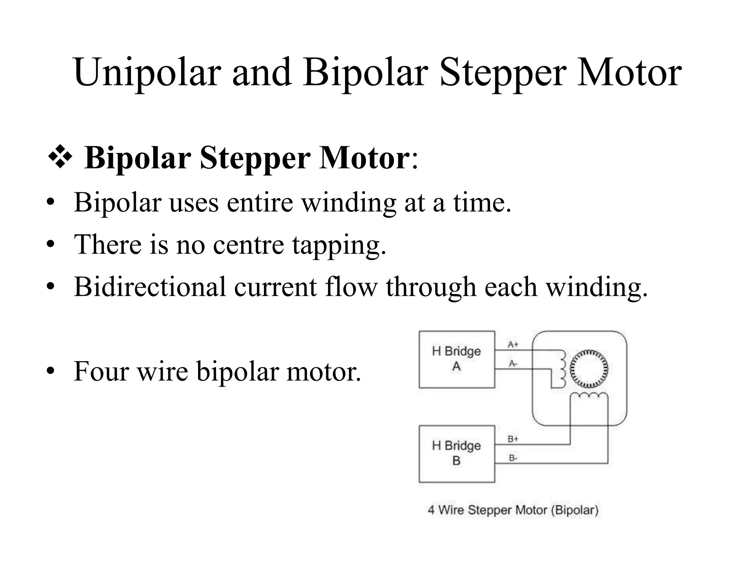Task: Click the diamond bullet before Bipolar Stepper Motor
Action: (60, 158)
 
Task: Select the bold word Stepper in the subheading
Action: (254, 158)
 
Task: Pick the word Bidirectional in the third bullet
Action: (149, 286)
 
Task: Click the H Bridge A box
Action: (457, 359)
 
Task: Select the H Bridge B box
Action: (457, 454)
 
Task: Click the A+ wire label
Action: (513, 345)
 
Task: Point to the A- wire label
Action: (513, 364)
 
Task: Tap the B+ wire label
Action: (513, 439)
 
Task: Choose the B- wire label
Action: (513, 458)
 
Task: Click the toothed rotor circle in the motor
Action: (589, 368)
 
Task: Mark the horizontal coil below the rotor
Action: (589, 396)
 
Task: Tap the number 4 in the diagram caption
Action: (431, 510)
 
